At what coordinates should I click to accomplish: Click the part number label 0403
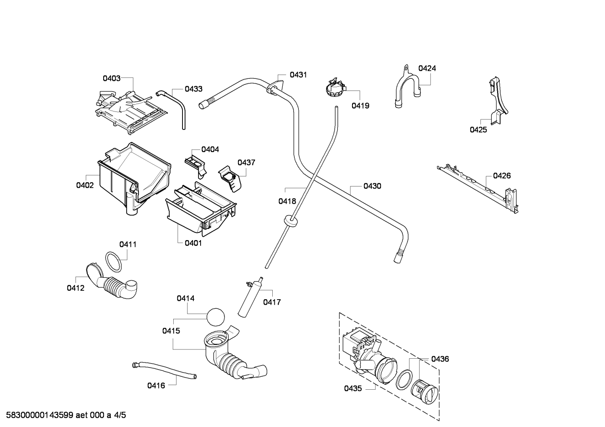(112, 78)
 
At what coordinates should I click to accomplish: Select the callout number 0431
(298, 75)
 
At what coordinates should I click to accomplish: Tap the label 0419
(360, 106)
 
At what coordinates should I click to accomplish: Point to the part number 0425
(478, 130)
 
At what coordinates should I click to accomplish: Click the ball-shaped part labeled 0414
(216, 317)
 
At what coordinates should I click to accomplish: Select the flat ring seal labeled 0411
(113, 262)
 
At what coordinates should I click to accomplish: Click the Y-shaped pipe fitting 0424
(407, 87)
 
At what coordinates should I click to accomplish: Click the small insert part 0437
(230, 179)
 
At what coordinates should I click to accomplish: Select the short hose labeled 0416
(164, 370)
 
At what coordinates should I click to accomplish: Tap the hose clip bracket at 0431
(275, 86)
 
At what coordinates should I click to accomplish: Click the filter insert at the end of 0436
(425, 396)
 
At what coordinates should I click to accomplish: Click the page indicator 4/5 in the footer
(120, 415)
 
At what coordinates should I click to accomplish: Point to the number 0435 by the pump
(353, 388)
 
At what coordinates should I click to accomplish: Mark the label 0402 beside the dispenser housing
(85, 185)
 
